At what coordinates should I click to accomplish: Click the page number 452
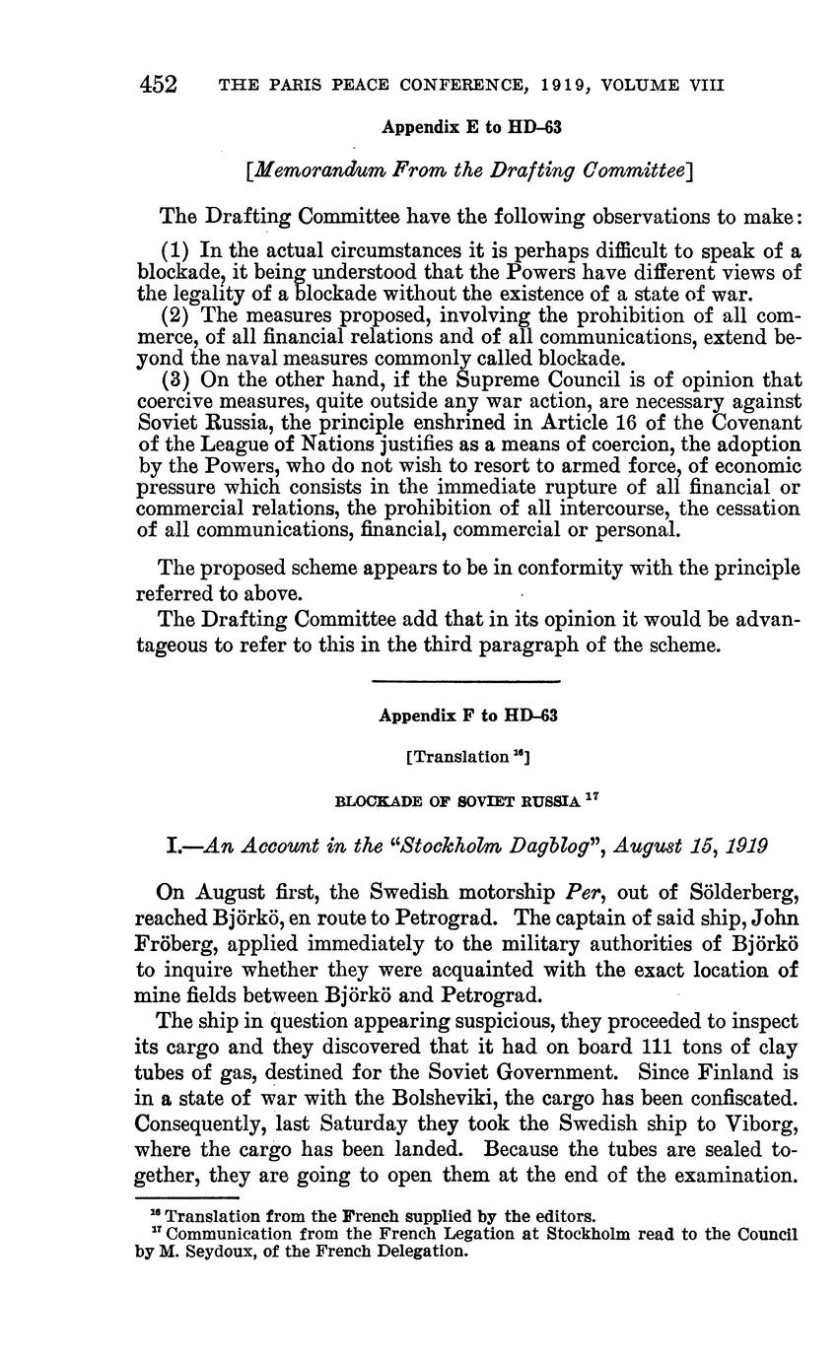158,85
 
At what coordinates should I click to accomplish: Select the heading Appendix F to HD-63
468,715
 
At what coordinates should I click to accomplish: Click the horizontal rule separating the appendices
467,681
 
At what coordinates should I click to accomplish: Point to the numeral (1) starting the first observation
176,249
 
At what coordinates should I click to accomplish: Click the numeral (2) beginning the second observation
176,315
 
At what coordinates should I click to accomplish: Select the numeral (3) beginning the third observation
176,380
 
